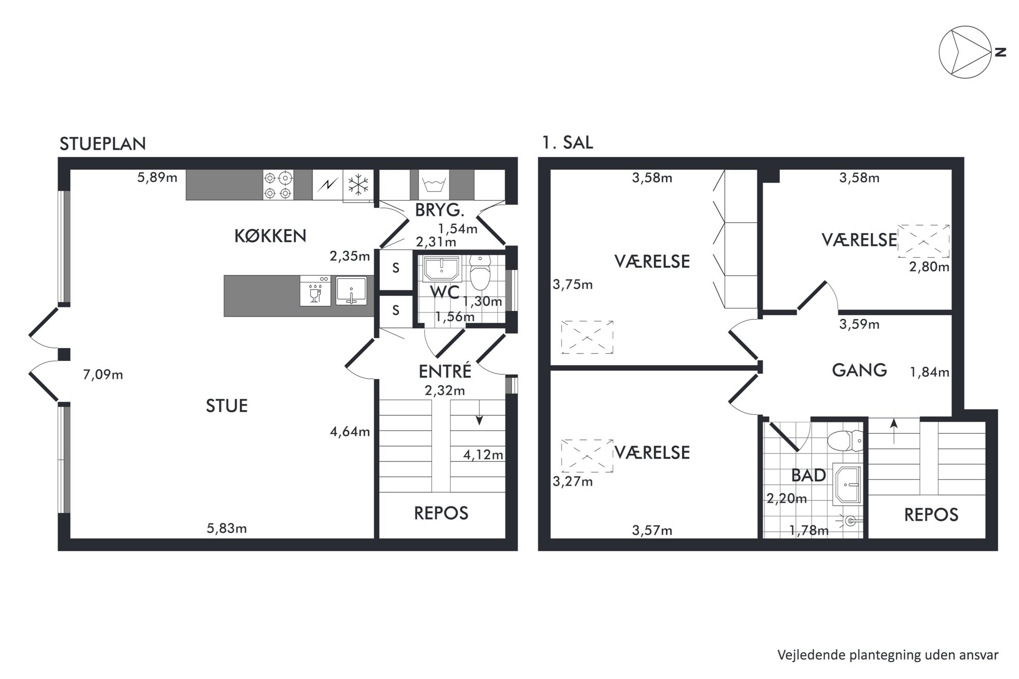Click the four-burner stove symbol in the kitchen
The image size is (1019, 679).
point(278,185)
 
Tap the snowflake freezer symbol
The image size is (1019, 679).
point(358,185)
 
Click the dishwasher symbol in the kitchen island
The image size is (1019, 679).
point(315,291)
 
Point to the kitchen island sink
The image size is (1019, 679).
point(351,291)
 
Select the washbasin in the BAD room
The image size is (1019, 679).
point(846,484)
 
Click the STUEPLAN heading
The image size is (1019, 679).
point(103,144)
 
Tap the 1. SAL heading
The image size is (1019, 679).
point(568,142)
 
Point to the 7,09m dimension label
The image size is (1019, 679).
point(103,375)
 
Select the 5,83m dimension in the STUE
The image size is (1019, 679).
point(227,528)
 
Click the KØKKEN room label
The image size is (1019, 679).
point(270,236)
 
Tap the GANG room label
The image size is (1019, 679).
point(859,370)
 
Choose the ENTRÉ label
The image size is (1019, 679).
point(445,371)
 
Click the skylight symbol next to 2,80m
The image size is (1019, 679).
point(923,241)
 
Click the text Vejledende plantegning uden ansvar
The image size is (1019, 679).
point(888,654)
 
